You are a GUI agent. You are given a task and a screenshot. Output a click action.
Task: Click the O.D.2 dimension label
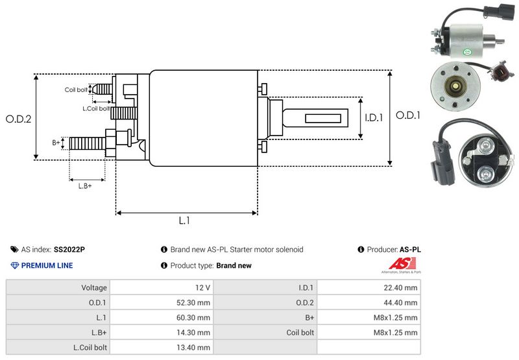coord(19,119)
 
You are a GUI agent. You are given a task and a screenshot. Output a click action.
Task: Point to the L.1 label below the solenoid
coord(184,221)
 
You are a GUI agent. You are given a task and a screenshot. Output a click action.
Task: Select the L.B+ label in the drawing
coord(85,186)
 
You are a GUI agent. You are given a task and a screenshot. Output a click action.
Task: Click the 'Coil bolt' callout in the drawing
coord(75,90)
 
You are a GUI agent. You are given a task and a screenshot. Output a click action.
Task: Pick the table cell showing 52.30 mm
coord(162,302)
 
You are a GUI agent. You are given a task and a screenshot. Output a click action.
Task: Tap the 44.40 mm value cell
coord(369,302)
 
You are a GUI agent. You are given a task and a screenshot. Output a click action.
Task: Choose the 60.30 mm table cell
coord(162,317)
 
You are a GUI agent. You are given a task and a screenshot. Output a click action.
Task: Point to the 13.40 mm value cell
coord(162,347)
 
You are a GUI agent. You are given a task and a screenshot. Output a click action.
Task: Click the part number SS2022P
coord(69,249)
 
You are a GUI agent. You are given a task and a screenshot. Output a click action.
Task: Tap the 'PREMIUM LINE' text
coord(47,265)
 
